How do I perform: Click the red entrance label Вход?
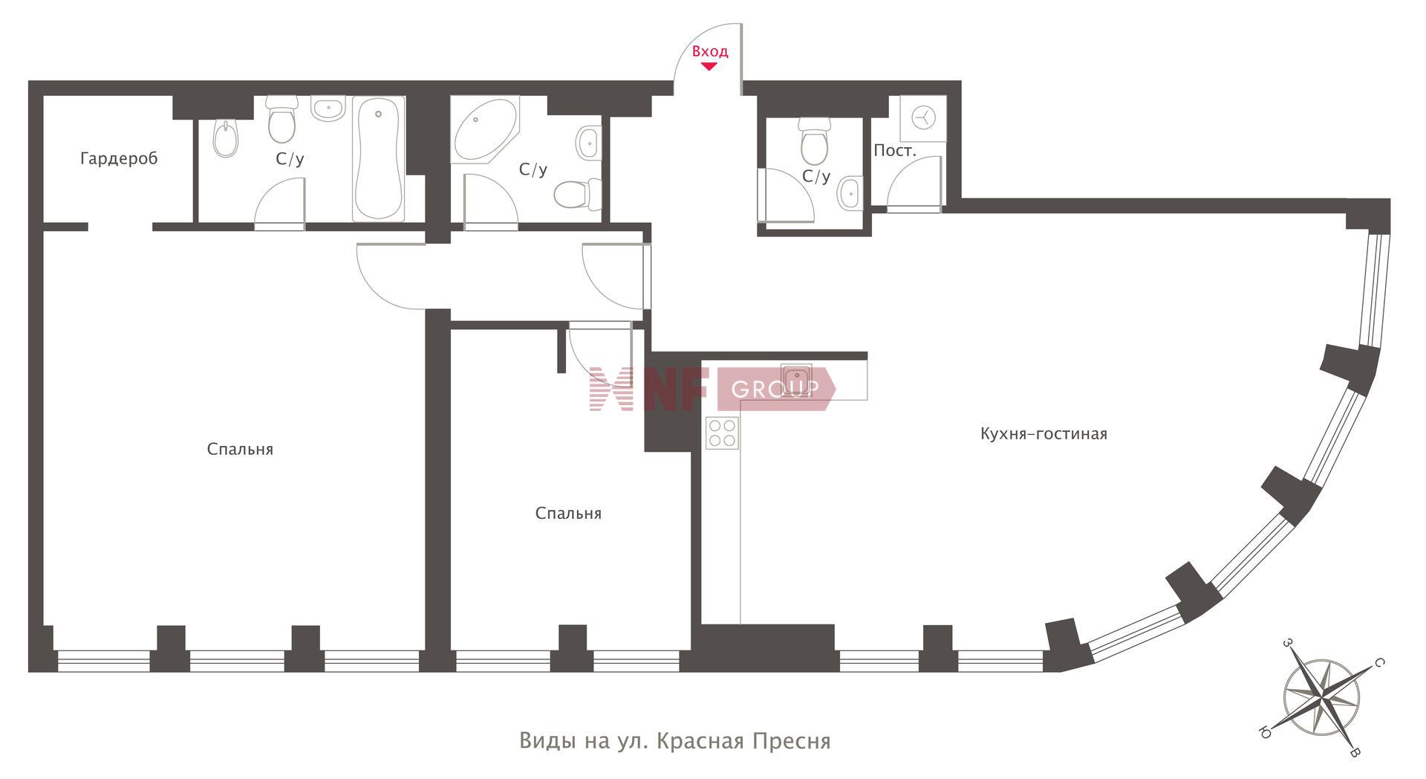(x=710, y=51)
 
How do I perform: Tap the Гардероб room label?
(x=119, y=158)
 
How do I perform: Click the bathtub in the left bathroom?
(x=379, y=158)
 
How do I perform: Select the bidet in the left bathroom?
(x=225, y=138)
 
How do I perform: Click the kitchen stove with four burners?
(x=722, y=433)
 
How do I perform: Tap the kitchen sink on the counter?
(x=796, y=378)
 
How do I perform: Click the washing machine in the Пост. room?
(x=923, y=118)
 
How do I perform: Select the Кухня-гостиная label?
(x=1044, y=434)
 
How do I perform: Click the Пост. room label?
(x=895, y=151)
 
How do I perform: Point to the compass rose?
(x=1322, y=697)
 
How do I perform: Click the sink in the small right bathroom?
(x=850, y=194)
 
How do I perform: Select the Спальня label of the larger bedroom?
(x=240, y=450)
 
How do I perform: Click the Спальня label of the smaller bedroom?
(x=568, y=514)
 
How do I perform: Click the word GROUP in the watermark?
(x=775, y=389)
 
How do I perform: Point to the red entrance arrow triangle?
(x=709, y=66)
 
